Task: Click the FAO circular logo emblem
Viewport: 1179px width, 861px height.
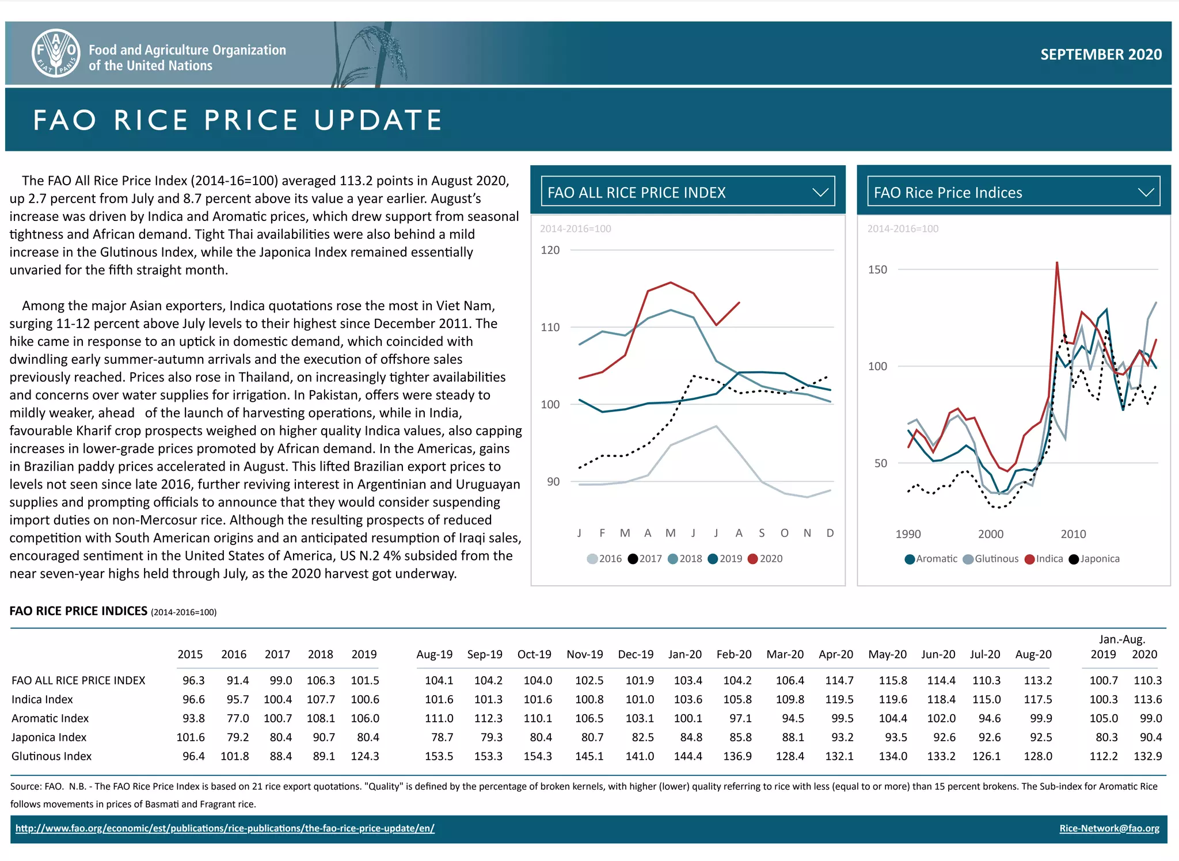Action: coord(56,53)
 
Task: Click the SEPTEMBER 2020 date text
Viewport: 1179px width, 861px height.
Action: coord(1100,54)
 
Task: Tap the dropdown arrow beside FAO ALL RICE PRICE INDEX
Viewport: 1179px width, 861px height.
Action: coord(820,192)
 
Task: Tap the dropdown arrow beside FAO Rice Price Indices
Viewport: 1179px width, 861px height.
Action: coord(1146,192)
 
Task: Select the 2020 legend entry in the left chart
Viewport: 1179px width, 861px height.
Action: coord(765,559)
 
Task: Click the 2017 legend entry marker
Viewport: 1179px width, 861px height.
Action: coord(633,559)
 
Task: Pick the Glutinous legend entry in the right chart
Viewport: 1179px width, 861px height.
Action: coord(991,559)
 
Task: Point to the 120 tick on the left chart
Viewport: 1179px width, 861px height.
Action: coord(550,250)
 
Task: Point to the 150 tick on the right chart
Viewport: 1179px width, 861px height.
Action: coord(877,270)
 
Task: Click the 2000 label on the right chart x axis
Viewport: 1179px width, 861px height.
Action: coord(990,534)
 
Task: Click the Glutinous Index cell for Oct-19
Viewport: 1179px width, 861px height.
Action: coord(537,756)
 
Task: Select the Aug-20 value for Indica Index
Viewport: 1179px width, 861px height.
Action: coord(1037,699)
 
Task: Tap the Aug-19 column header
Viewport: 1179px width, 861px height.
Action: coord(434,654)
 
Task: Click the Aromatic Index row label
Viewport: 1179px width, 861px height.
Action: coord(50,718)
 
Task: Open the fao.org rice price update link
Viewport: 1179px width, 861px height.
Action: coord(225,828)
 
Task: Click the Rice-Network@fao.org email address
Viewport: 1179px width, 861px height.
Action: coord(1109,828)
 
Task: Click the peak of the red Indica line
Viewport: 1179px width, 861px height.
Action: coord(1057,263)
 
